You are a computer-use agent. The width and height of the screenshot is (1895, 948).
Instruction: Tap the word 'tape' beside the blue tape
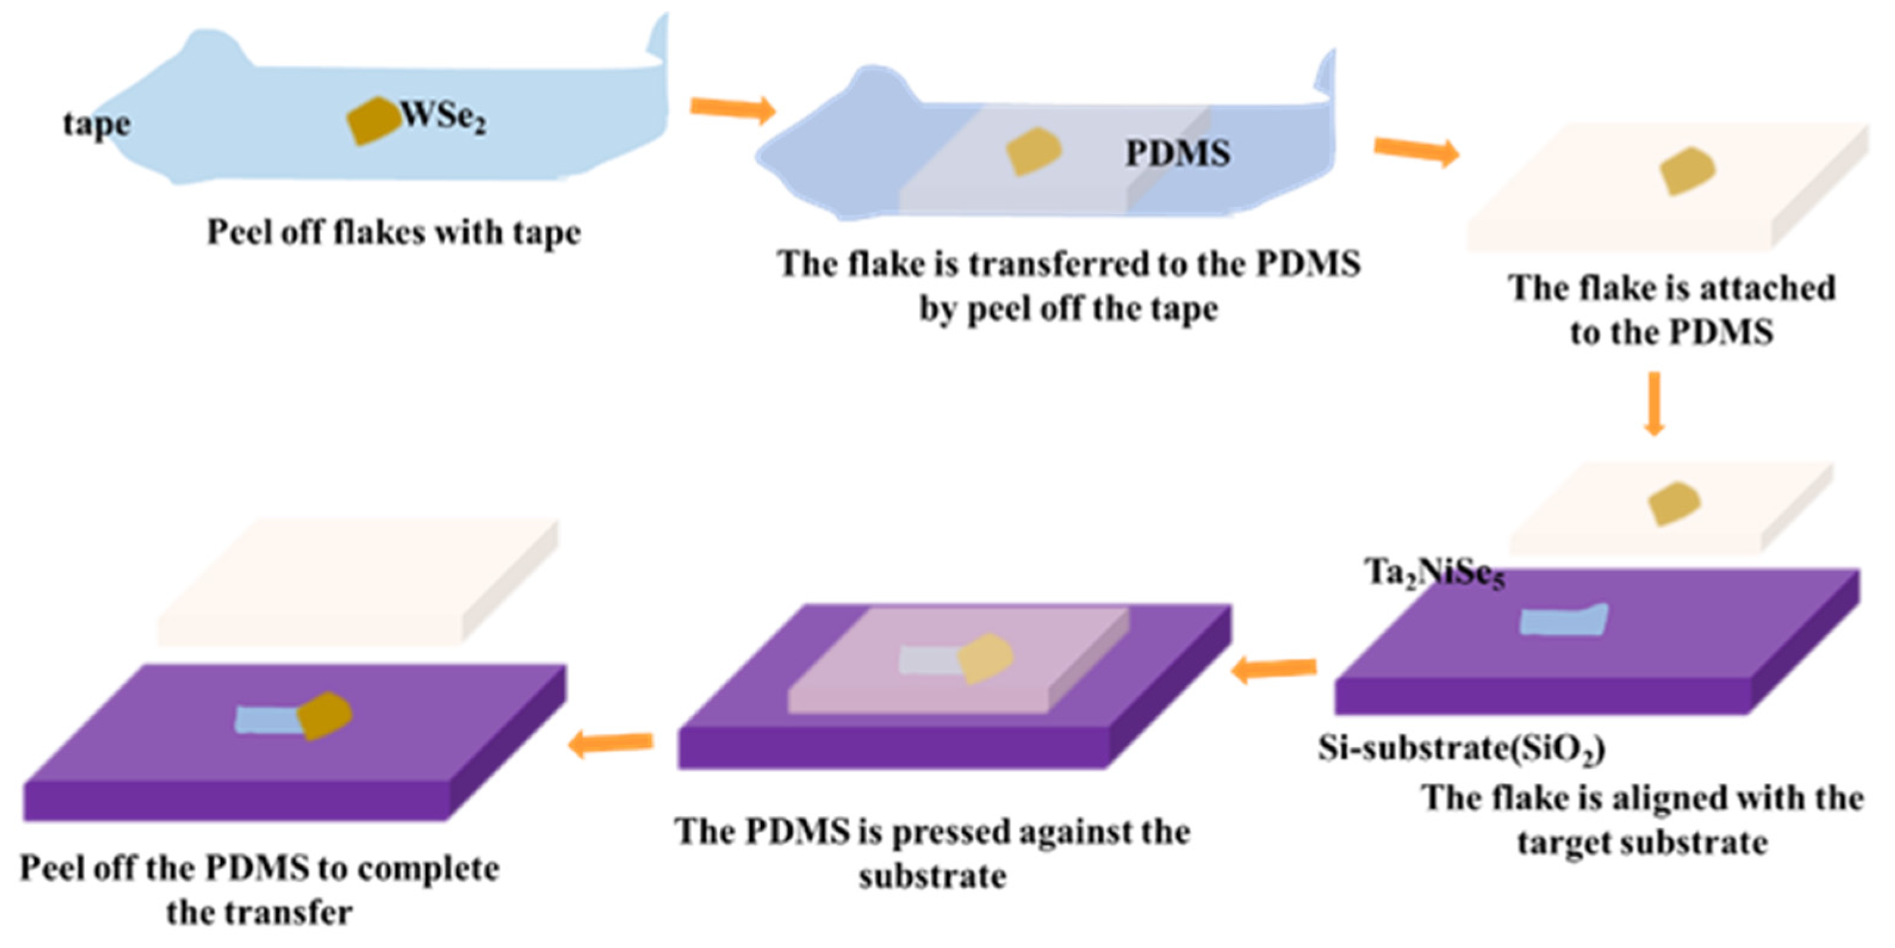click(x=97, y=125)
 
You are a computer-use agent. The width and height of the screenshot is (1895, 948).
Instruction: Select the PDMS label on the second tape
click(x=1178, y=154)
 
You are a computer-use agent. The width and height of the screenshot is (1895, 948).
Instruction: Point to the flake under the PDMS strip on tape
click(x=1034, y=151)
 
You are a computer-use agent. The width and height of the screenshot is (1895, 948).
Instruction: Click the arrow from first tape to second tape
click(x=733, y=109)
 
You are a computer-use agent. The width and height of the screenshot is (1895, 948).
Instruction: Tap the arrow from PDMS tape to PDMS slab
click(x=1416, y=151)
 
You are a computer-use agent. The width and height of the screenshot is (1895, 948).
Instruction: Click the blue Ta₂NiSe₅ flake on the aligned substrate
click(x=1563, y=620)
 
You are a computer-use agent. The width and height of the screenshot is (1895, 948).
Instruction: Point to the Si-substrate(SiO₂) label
click(x=1461, y=748)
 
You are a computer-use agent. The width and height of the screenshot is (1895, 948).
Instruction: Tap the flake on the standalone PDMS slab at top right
click(x=1688, y=171)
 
